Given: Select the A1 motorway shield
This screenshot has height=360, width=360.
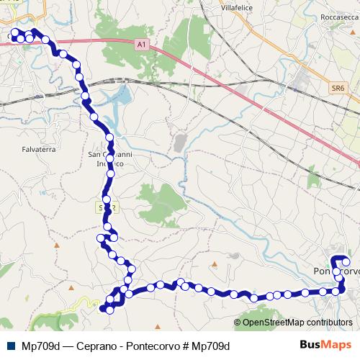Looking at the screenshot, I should [x=141, y=45].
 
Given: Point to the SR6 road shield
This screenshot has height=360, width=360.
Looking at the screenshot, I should [x=338, y=88].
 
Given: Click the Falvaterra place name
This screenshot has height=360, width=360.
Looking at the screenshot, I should [x=39, y=149].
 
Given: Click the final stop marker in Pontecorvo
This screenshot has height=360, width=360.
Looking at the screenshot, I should [x=346, y=261].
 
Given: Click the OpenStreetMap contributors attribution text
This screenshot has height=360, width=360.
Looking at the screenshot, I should [x=297, y=323].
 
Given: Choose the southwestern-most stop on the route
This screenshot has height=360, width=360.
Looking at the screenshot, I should [x=102, y=310].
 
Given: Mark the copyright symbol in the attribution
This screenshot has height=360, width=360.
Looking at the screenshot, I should [x=238, y=323].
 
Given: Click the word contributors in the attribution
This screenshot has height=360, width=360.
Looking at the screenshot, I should [x=328, y=323].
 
